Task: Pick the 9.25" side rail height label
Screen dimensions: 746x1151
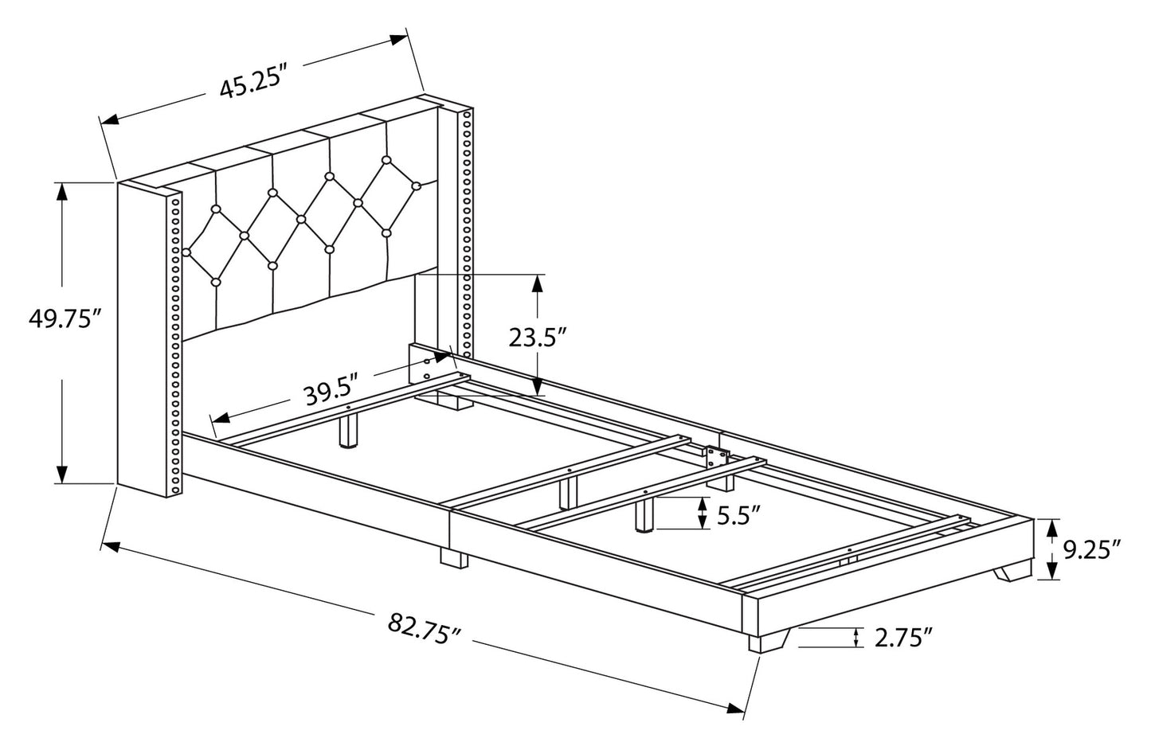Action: coord(1092,549)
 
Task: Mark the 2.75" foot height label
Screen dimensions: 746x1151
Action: coord(902,637)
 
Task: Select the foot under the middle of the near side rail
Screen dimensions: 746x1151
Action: coord(454,558)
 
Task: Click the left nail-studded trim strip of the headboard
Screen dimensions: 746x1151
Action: coord(174,342)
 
